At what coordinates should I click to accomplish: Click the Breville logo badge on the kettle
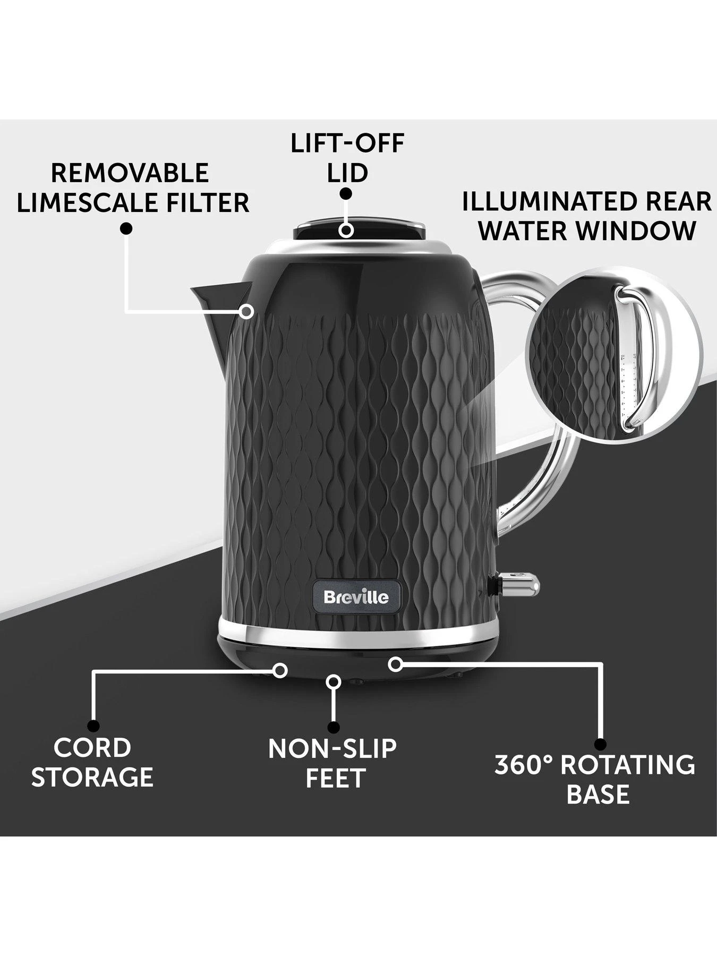356,597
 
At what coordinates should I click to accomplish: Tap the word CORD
92,748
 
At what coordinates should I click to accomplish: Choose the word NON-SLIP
332,749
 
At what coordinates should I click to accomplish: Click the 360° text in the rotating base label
523,765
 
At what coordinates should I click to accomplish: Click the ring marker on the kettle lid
347,231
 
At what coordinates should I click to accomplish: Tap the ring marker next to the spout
246,311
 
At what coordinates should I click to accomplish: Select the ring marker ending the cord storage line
280,670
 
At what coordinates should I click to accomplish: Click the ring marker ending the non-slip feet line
334,681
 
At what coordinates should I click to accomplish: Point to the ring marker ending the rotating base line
394,663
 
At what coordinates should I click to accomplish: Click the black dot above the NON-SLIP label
334,727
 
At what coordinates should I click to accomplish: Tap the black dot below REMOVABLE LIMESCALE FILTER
126,228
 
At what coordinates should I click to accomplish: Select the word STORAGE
92,777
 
